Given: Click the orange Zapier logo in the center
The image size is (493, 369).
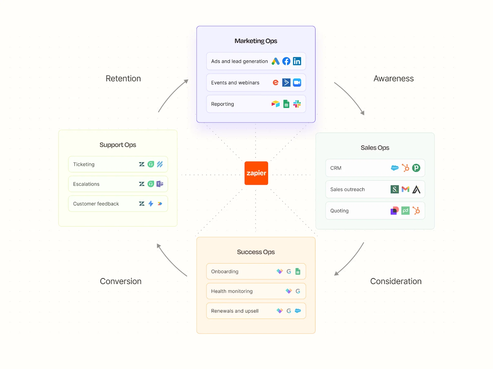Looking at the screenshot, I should (256, 173).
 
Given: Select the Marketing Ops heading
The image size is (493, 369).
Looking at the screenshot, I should (256, 41).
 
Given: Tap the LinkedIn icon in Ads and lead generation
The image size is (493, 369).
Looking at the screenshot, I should (297, 61).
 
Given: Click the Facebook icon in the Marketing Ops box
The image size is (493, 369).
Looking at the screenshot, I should (286, 61).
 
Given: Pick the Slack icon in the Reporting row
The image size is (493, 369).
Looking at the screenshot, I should (297, 104).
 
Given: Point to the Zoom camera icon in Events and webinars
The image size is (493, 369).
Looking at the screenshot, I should (297, 83).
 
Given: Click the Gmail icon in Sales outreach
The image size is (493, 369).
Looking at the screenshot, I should (405, 189).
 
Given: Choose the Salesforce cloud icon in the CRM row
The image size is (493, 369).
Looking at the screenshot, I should (395, 168).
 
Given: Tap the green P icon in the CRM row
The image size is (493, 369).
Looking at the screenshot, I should (416, 168).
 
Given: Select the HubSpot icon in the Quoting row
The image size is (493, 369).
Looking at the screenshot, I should (416, 211).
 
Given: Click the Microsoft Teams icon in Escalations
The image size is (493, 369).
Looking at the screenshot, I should (160, 184).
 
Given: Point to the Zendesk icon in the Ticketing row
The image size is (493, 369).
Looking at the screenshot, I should (142, 164).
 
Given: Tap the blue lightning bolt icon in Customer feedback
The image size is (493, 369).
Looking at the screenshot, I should (151, 204).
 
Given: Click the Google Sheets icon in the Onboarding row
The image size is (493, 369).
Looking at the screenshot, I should (298, 271).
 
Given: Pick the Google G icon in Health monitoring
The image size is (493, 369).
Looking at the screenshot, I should (298, 291).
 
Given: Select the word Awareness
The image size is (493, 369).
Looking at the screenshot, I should (393, 79).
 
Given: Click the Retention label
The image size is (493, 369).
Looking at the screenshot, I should (123, 79).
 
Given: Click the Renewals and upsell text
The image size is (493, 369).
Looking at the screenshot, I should (235, 311).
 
